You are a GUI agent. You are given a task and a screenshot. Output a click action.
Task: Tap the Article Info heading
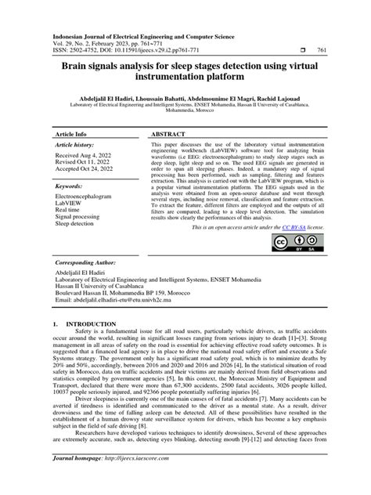click(x=70, y=134)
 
